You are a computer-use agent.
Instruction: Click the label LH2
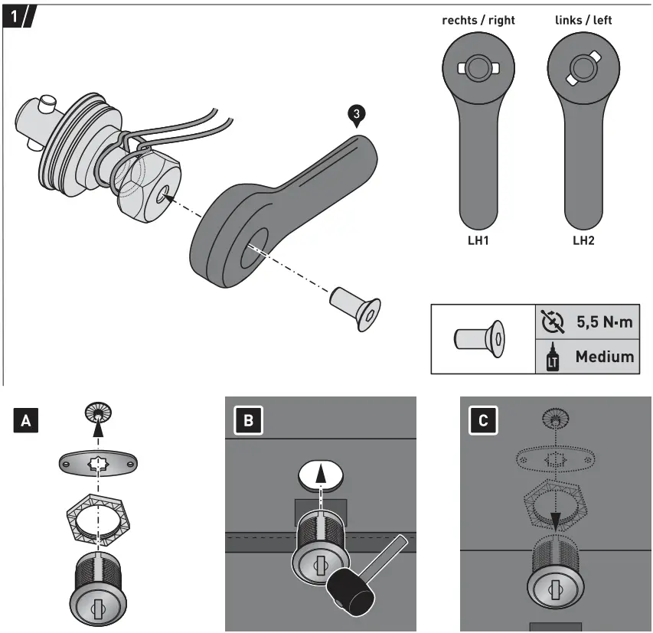tap(584, 240)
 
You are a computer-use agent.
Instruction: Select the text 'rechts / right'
tap(479, 20)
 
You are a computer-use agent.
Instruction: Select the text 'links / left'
tap(583, 20)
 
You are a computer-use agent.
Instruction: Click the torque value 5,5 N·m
tap(604, 321)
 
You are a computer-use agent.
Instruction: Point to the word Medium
tap(604, 356)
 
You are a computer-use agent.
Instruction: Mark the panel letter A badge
tap(27, 419)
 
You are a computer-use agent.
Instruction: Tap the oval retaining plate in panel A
tap(97, 463)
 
